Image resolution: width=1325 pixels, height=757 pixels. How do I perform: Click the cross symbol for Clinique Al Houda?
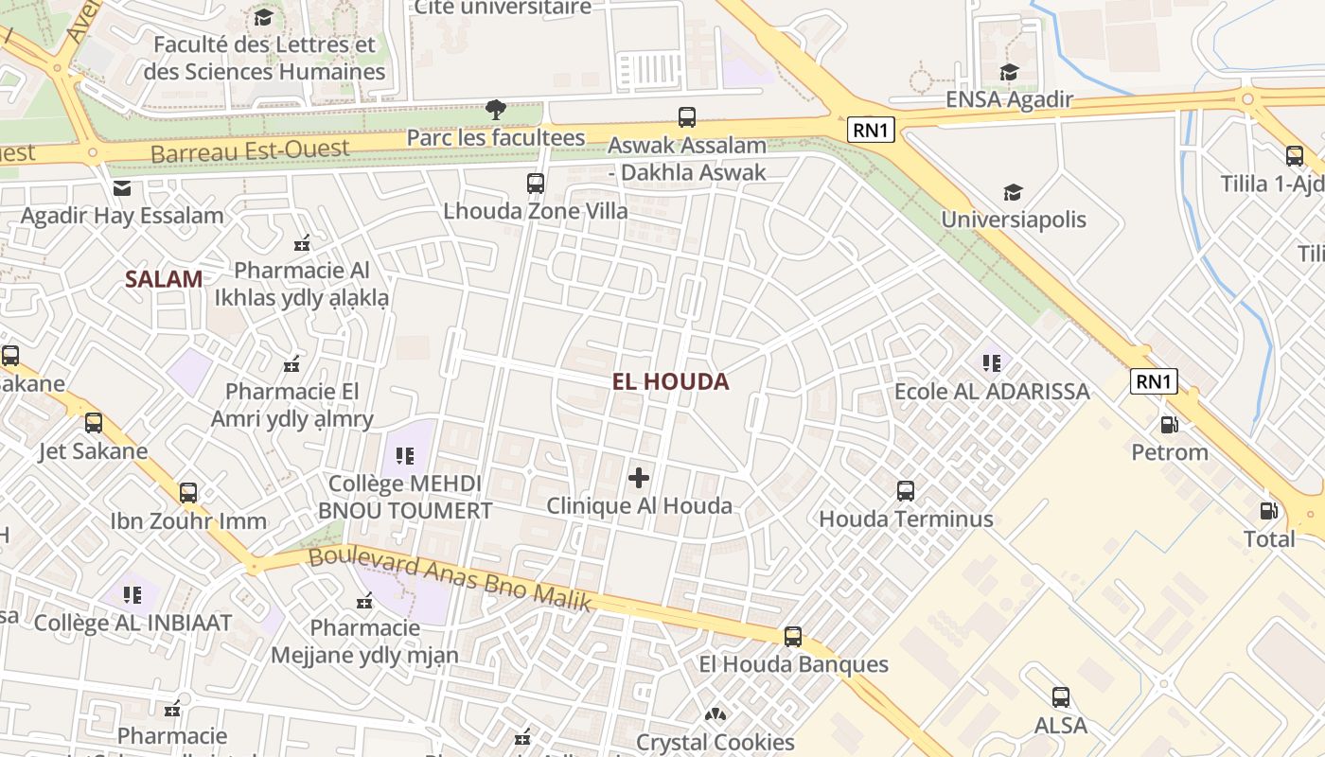[639, 478]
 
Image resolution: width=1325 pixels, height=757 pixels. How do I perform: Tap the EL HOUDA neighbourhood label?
[670, 381]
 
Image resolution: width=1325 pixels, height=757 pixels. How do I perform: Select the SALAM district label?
[164, 279]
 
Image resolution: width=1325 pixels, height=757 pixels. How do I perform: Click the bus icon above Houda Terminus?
[906, 491]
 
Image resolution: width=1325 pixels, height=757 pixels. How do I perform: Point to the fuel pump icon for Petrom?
[1170, 425]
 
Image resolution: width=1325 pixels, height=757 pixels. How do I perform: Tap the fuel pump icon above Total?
[1268, 511]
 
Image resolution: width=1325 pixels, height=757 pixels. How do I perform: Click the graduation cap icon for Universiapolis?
[1013, 193]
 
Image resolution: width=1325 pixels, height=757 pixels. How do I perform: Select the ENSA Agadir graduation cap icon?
[1009, 73]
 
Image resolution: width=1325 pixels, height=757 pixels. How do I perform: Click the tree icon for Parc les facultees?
[495, 110]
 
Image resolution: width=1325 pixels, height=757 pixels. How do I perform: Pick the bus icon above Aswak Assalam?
[687, 117]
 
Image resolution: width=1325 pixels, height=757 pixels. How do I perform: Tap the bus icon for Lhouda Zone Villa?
[536, 184]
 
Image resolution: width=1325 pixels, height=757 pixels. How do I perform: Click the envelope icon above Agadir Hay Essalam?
[122, 188]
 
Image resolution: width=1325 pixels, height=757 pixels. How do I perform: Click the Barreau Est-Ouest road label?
[250, 150]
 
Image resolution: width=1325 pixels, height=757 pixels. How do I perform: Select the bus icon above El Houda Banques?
[793, 637]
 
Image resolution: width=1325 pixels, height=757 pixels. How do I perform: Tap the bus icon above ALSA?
[1061, 698]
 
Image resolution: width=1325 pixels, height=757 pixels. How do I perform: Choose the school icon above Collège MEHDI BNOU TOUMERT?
[405, 456]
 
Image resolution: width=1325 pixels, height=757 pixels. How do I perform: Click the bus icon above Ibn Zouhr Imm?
[188, 493]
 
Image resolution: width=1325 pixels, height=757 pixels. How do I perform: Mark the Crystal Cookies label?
[715, 742]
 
